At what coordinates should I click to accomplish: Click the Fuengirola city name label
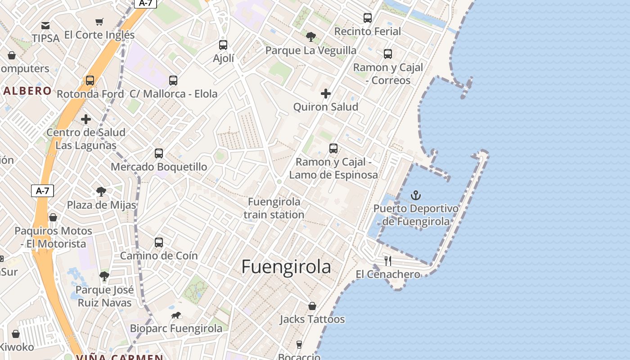286,267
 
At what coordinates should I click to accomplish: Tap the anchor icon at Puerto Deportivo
416,195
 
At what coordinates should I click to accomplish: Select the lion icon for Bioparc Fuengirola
176,315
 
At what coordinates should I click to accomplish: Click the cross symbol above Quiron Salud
326,94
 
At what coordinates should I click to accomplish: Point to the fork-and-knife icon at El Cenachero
388,261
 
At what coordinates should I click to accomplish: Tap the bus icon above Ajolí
223,45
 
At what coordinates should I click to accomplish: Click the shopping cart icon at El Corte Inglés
99,22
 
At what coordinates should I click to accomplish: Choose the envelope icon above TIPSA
45,25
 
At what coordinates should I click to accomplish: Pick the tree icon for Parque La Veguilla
310,37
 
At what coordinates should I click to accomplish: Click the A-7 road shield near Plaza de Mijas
43,191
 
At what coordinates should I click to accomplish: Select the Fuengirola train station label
274,208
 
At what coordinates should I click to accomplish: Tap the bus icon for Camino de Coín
159,243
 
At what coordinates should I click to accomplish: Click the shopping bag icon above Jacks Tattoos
312,306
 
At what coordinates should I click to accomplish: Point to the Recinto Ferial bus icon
368,18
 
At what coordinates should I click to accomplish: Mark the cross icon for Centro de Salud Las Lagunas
86,119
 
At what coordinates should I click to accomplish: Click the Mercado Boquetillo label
159,167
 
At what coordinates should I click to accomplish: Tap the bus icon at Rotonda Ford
90,81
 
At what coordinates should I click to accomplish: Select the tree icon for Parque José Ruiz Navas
104,276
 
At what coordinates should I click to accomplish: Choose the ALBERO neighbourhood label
27,91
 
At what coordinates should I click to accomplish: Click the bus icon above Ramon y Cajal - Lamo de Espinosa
333,148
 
